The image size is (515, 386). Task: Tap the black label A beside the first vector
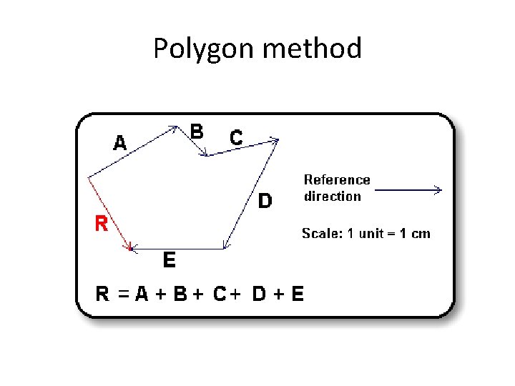point(120,143)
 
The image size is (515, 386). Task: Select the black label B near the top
point(197,132)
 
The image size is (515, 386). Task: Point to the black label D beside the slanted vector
point(265,201)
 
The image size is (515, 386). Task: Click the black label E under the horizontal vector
point(169,259)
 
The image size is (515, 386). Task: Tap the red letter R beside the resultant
point(102,224)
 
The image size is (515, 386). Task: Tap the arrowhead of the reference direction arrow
point(438,190)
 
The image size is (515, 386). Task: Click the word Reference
point(337,179)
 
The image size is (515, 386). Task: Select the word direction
point(333,196)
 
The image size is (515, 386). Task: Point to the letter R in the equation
point(104,294)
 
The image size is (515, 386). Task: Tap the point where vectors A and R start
point(87,177)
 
